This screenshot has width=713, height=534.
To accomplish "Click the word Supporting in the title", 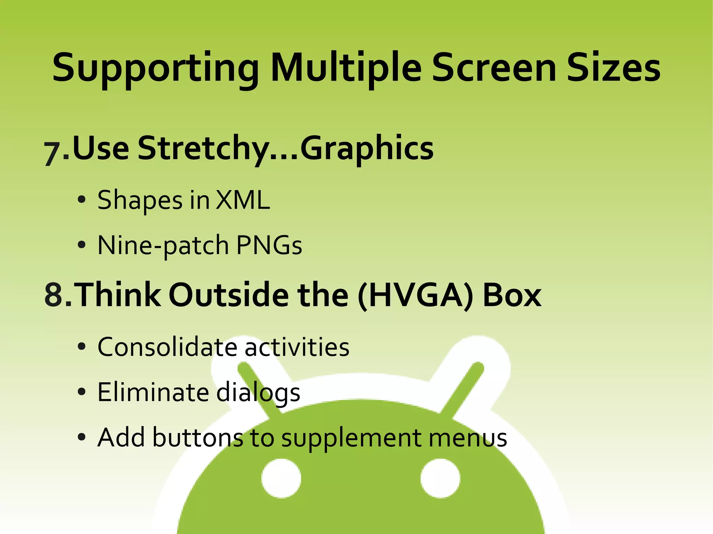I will click(x=155, y=68).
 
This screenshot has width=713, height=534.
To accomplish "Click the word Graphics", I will click(x=367, y=149).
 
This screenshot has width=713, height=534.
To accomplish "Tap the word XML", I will click(x=243, y=200).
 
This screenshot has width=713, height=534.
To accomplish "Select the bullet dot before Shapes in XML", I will click(x=81, y=200).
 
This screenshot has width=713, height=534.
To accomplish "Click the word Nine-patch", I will click(x=163, y=245).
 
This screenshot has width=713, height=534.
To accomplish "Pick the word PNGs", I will click(x=269, y=245).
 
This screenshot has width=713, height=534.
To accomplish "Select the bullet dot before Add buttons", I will click(x=81, y=437).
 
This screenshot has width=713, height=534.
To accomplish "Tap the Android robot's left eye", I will click(x=281, y=478).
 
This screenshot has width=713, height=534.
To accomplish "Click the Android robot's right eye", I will click(x=440, y=478).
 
